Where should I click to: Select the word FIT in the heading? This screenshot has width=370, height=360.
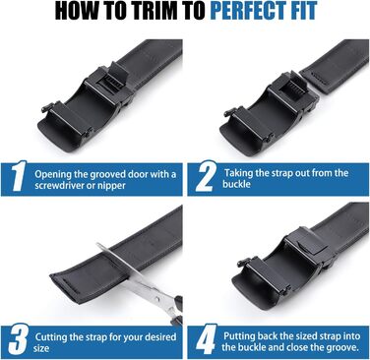coord(303,11)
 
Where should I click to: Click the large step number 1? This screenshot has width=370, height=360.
coord(18,175)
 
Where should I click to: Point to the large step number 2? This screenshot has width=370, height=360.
coord(205,176)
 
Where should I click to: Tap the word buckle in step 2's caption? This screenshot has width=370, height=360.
coord(236,184)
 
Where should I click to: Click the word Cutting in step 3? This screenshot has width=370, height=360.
coord(51,337)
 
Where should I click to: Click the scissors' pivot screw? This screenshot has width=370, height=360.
coord(158,299)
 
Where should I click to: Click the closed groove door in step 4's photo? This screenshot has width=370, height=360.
coord(308,248)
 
